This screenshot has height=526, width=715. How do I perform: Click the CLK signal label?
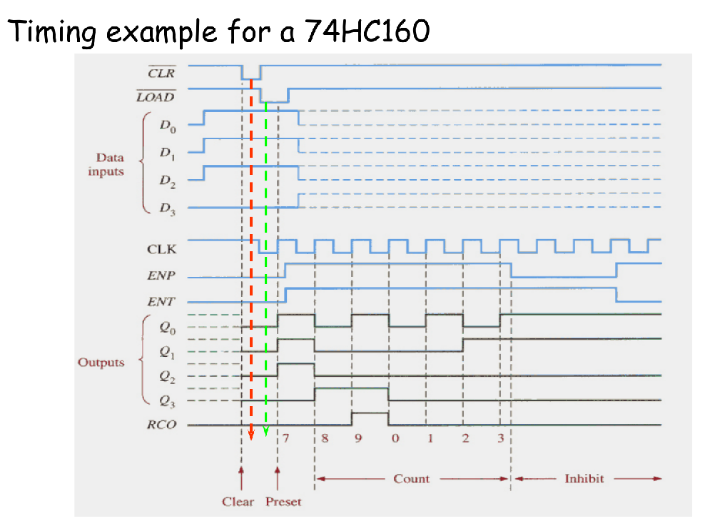tap(161, 249)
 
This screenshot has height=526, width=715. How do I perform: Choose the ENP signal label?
tap(162, 275)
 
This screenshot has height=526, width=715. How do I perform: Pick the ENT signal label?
tap(162, 302)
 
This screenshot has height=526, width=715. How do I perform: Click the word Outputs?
tap(101, 362)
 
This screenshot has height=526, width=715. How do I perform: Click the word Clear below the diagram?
tap(238, 502)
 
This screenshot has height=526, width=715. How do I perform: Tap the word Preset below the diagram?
tap(283, 502)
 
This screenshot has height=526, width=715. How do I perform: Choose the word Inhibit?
tap(584, 478)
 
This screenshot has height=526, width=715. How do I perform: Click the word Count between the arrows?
tap(412, 478)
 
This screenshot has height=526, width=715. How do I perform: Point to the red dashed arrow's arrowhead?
tap(251, 436)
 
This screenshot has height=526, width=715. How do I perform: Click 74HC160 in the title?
tap(367, 32)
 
